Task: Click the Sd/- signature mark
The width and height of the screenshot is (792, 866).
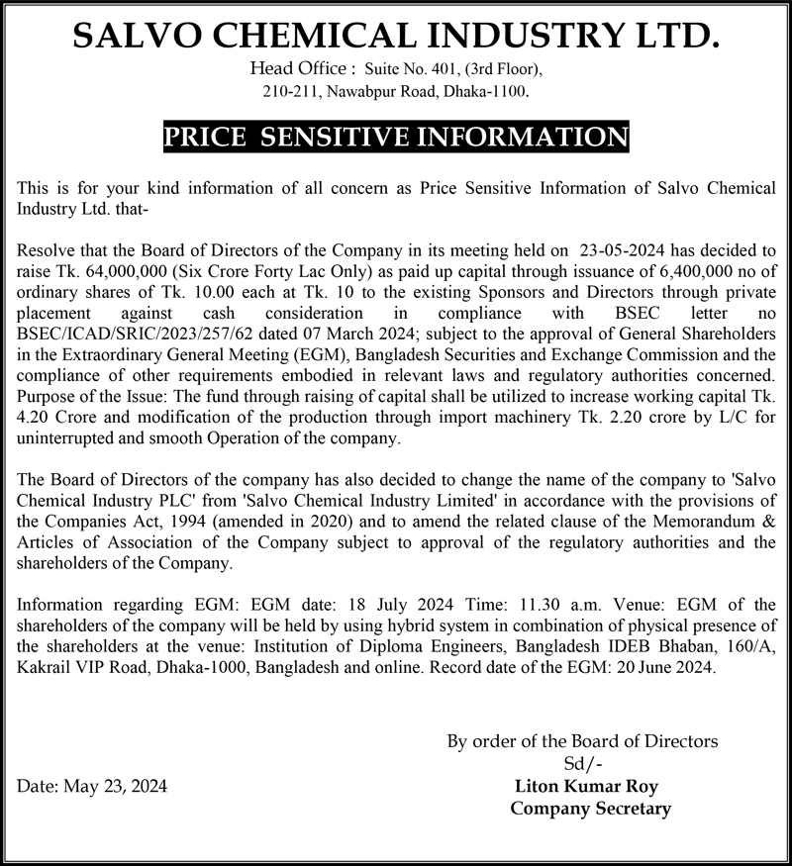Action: click(582, 763)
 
